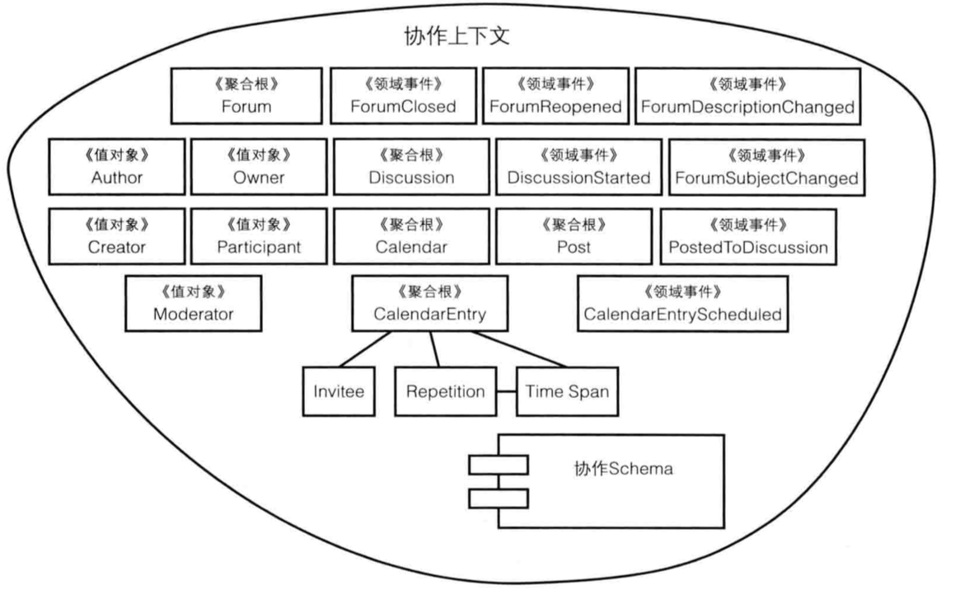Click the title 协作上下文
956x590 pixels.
click(459, 37)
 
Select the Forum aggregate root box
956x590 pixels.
click(246, 96)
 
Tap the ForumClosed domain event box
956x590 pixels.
click(403, 96)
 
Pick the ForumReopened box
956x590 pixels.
click(555, 96)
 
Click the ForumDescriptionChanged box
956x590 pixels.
click(747, 96)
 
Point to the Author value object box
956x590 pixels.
click(116, 166)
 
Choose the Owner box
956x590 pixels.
click(259, 166)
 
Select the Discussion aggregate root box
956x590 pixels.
click(411, 166)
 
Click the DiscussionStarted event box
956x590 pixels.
click(579, 166)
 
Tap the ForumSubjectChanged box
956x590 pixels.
click(766, 166)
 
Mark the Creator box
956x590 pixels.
click(116, 236)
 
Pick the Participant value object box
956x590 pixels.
click(259, 236)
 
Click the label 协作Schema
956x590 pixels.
click(623, 470)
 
